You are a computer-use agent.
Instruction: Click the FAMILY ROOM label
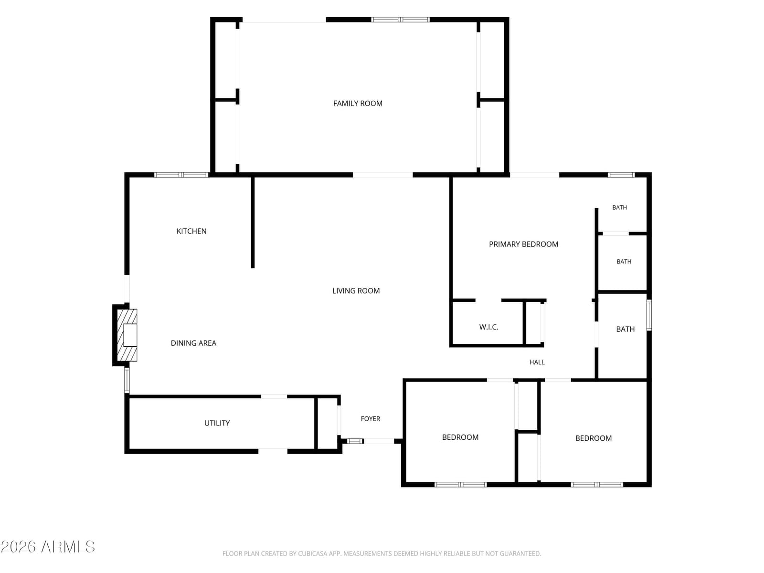click(x=358, y=103)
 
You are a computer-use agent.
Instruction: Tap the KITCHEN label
click(x=191, y=231)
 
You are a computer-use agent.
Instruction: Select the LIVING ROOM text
click(x=356, y=290)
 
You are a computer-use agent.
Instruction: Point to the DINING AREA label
click(x=193, y=343)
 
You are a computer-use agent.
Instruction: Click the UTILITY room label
click(x=217, y=423)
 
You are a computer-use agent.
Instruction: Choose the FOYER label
click(x=371, y=419)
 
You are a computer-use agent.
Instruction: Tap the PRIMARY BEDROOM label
click(x=523, y=244)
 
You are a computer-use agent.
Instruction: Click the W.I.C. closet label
click(x=488, y=327)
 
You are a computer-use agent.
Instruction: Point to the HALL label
click(x=537, y=362)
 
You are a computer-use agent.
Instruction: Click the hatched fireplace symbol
click(x=127, y=335)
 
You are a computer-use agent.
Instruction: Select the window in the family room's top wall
click(x=400, y=20)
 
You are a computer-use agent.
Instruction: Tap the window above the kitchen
click(x=181, y=175)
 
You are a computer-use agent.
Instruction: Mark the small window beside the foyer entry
click(x=355, y=441)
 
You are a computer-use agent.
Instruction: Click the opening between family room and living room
click(x=383, y=175)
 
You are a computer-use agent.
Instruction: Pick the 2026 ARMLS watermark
click(x=48, y=547)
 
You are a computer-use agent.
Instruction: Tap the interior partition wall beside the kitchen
click(x=253, y=223)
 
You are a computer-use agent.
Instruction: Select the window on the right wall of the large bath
click(x=649, y=315)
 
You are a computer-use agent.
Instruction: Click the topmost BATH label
click(x=619, y=207)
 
